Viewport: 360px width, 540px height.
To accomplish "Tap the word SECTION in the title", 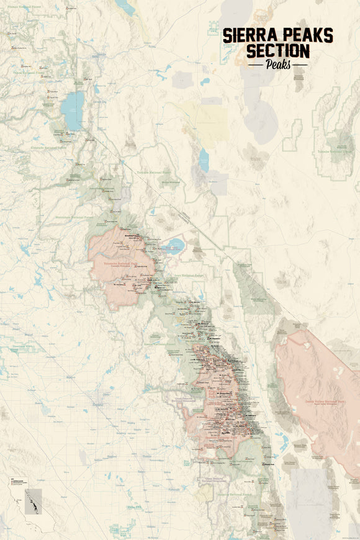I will tap(277, 50).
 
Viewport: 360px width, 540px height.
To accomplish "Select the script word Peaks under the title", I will tap(277, 64).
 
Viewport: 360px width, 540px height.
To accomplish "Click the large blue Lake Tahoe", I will tap(72, 110).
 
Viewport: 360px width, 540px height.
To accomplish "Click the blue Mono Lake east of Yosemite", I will tap(174, 243).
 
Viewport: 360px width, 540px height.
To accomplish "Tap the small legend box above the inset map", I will tap(21, 481).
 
